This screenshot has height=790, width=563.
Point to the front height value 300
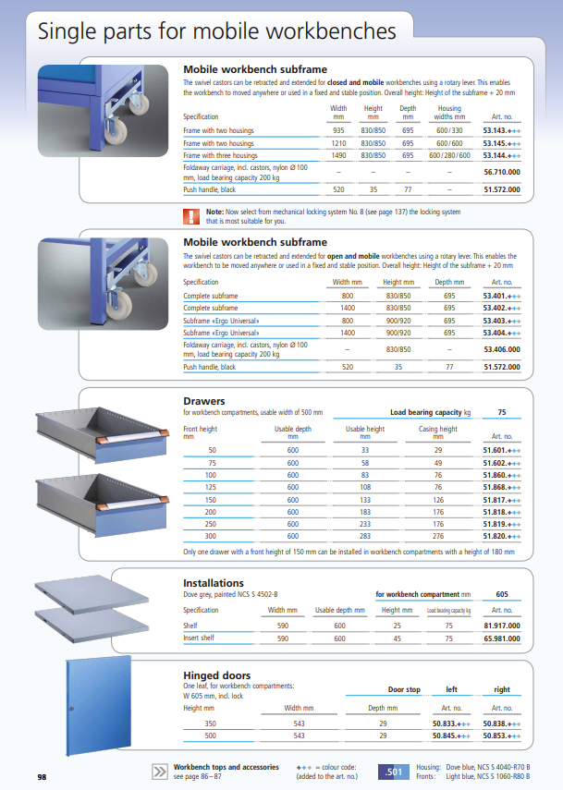212,535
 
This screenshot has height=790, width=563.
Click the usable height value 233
365,523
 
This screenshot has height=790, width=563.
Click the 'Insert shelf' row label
200,638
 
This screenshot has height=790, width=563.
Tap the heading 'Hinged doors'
216,675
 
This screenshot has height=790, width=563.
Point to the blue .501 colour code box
392,772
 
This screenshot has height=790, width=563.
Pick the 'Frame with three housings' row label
220,156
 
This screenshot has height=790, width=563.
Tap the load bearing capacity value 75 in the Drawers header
502,412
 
